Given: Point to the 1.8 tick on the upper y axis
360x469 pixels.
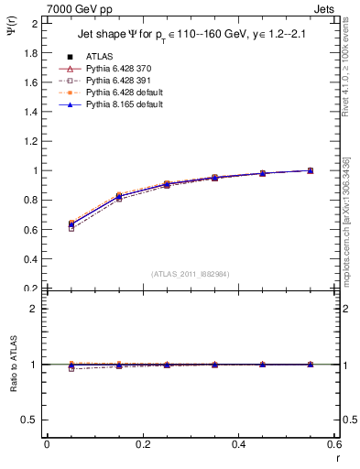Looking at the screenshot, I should click(x=30, y=52).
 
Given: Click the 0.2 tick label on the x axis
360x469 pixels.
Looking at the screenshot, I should click(x=142, y=444).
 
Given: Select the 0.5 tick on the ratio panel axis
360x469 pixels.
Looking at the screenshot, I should click(x=30, y=420).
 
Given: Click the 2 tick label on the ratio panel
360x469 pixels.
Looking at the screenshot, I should click(x=35, y=309).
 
